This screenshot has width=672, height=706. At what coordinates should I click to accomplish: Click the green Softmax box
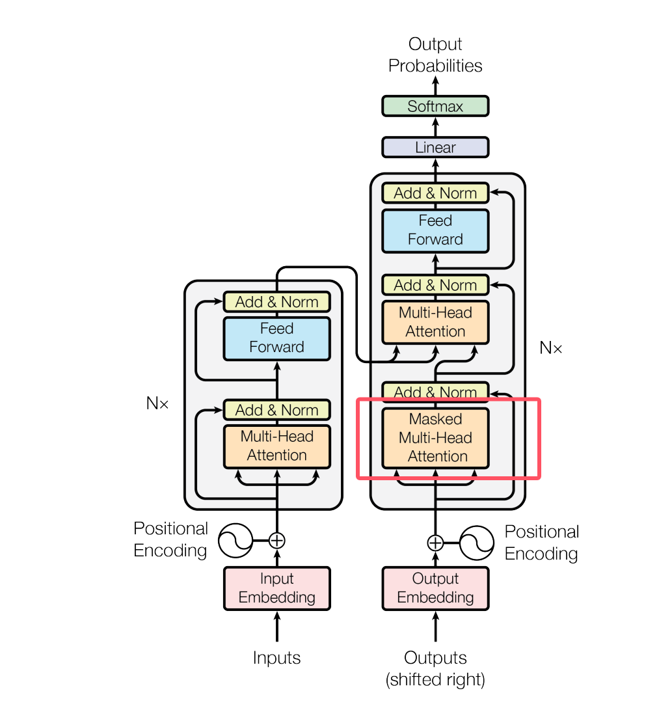pos(435,106)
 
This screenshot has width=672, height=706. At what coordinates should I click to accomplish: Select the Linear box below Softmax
pos(435,148)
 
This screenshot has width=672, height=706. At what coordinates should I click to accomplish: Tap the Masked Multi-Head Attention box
pos(435,438)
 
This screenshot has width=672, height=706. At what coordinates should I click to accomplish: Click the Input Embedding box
pos(277,588)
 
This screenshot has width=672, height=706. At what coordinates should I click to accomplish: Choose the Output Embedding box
pos(435,588)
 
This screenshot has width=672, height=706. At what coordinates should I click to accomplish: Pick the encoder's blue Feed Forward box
pos(277,338)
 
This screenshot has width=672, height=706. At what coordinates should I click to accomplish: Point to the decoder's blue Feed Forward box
pos(435,230)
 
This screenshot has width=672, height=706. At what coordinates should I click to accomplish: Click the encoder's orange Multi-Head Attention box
pos(277,446)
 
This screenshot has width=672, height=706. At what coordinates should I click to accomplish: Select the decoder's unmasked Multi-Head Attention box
pos(435,322)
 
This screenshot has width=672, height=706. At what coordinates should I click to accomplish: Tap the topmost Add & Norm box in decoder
pos(435,193)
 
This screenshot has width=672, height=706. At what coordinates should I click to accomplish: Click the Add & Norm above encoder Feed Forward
pos(277,302)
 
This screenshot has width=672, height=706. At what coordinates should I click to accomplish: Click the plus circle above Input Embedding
pos(277,540)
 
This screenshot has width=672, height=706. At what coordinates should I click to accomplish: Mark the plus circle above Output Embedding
pos(435,542)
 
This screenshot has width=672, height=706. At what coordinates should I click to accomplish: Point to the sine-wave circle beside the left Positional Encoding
pos(235,540)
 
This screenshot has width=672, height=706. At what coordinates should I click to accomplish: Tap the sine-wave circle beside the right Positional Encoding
pos(477,542)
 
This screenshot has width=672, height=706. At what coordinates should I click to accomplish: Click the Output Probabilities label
pos(435,55)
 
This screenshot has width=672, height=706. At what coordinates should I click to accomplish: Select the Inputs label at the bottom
pos(277,658)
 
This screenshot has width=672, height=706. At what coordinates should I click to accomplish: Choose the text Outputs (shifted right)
pos(435,669)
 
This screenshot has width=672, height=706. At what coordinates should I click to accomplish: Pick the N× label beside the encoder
pos(157,403)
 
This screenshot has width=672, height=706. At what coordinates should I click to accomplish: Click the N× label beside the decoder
pos(551,347)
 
